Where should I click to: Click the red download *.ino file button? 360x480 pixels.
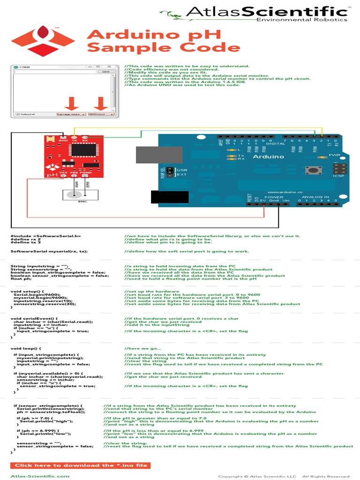(80, 465)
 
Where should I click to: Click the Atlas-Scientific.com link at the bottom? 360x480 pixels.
(40, 476)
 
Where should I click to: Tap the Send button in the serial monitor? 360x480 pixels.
(105, 72)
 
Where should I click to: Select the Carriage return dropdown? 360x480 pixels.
(71, 114)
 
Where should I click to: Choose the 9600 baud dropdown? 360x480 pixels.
(101, 114)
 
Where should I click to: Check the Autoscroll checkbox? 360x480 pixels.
(17, 114)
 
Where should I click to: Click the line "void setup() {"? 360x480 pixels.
(27, 291)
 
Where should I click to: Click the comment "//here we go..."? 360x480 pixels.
(143, 348)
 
